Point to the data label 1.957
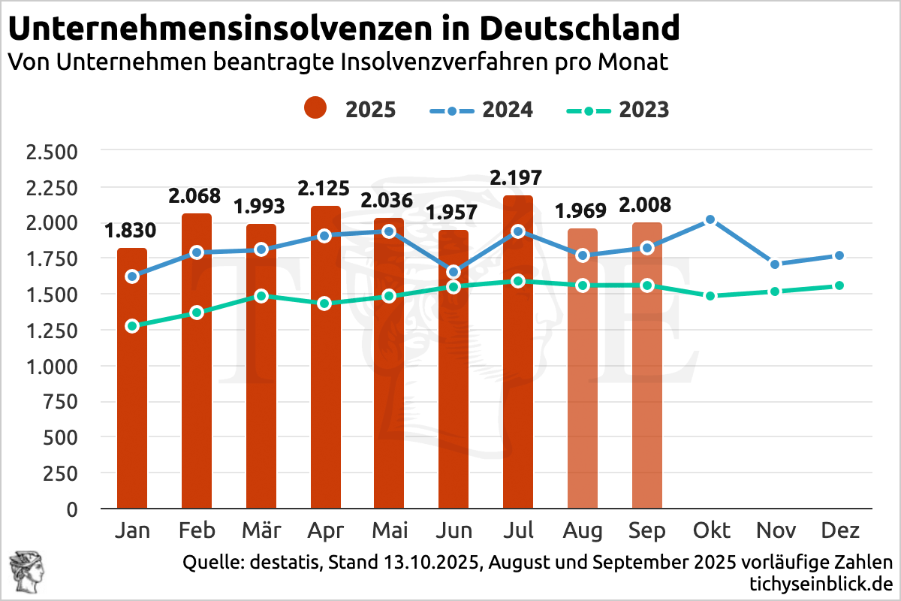[x=454, y=213]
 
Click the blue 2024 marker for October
[x=711, y=220]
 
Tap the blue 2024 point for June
[x=454, y=272]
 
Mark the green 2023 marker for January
[x=132, y=326]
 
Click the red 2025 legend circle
[x=315, y=110]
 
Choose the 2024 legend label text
[x=508, y=110]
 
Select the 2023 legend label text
[x=644, y=110]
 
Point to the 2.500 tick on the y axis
[x=53, y=152]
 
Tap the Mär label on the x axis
[x=261, y=531]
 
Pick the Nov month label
[x=776, y=531]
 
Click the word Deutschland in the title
[x=579, y=29]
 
